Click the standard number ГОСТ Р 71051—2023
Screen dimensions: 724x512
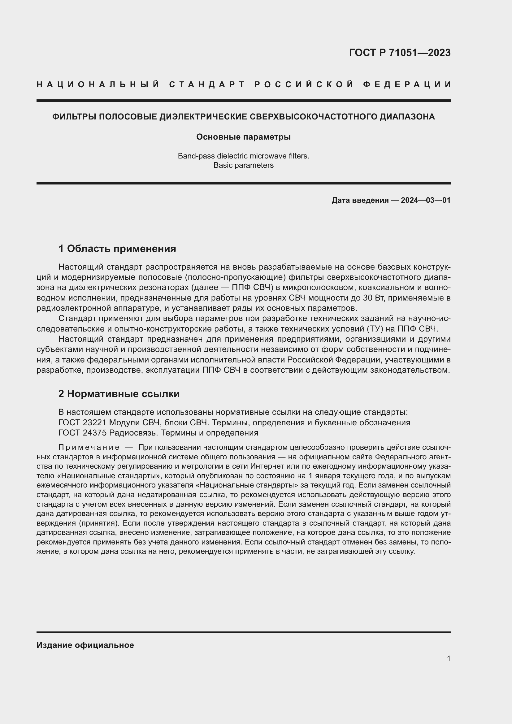tap(399, 53)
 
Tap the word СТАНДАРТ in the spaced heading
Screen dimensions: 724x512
tap(207, 85)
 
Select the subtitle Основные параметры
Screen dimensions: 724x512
tap(243, 137)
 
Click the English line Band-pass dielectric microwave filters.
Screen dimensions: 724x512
tap(243, 156)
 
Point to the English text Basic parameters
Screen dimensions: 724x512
tap(243, 165)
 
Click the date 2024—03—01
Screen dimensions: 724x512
tap(426, 200)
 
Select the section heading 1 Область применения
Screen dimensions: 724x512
tap(117, 249)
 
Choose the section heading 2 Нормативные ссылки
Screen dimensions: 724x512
tap(119, 394)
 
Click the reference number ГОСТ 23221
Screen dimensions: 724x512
tap(83, 423)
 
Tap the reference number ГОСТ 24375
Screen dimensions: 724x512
tap(83, 433)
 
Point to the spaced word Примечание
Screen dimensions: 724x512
tap(89, 448)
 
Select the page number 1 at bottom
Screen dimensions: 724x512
tap(448, 658)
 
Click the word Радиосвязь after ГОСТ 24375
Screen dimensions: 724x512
tap(134, 433)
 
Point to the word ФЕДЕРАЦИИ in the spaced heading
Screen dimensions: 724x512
tap(407, 85)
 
